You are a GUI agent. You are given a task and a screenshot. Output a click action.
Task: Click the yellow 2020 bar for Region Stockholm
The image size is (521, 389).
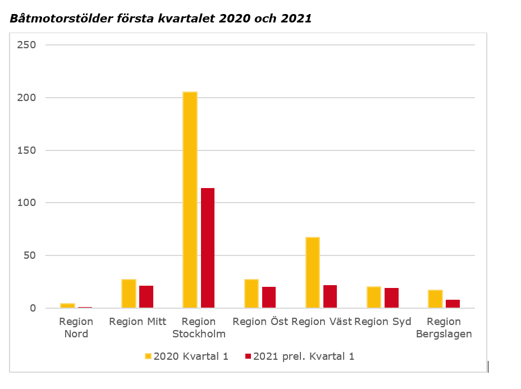190,200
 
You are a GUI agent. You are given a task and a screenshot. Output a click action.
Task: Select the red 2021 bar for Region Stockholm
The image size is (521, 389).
208,248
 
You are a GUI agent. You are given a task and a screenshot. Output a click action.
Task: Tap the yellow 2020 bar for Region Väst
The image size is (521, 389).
313,273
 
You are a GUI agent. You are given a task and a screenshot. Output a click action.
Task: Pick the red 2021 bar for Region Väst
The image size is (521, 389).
330,296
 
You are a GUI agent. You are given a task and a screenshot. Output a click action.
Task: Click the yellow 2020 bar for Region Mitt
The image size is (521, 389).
129,294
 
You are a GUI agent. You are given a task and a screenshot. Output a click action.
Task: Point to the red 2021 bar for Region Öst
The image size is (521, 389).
269,298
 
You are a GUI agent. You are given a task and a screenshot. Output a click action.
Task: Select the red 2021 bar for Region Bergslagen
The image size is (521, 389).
453,304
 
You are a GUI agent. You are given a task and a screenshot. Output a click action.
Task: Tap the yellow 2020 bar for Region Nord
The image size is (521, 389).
68,305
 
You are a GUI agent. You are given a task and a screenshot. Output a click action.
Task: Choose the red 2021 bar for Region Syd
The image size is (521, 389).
391,298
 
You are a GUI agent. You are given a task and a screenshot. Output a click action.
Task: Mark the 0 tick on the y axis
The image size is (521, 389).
33,308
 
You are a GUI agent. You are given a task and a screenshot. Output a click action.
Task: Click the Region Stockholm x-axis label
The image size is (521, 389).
199,328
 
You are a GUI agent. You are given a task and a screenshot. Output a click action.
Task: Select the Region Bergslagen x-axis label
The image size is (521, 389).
444,328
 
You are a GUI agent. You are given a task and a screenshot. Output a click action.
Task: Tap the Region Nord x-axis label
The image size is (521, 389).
76,328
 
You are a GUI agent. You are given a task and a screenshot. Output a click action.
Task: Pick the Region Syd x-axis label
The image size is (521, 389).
383,322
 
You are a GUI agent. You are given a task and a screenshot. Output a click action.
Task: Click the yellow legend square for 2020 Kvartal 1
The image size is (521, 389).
148,356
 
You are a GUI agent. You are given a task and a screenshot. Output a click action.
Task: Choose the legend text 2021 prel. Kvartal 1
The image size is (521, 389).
304,356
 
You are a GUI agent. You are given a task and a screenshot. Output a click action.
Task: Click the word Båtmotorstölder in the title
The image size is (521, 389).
57,18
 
